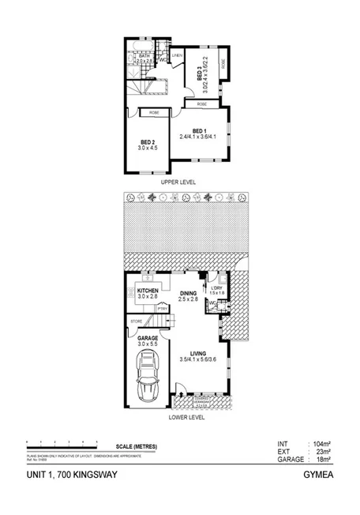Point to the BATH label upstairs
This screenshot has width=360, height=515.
(x=144, y=56)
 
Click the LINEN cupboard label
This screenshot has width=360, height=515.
(x=178, y=55)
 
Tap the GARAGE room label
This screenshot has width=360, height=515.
(x=148, y=337)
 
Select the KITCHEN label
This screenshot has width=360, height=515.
(x=148, y=291)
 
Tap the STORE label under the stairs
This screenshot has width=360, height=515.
(x=136, y=321)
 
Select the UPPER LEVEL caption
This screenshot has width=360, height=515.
(x=177, y=182)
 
